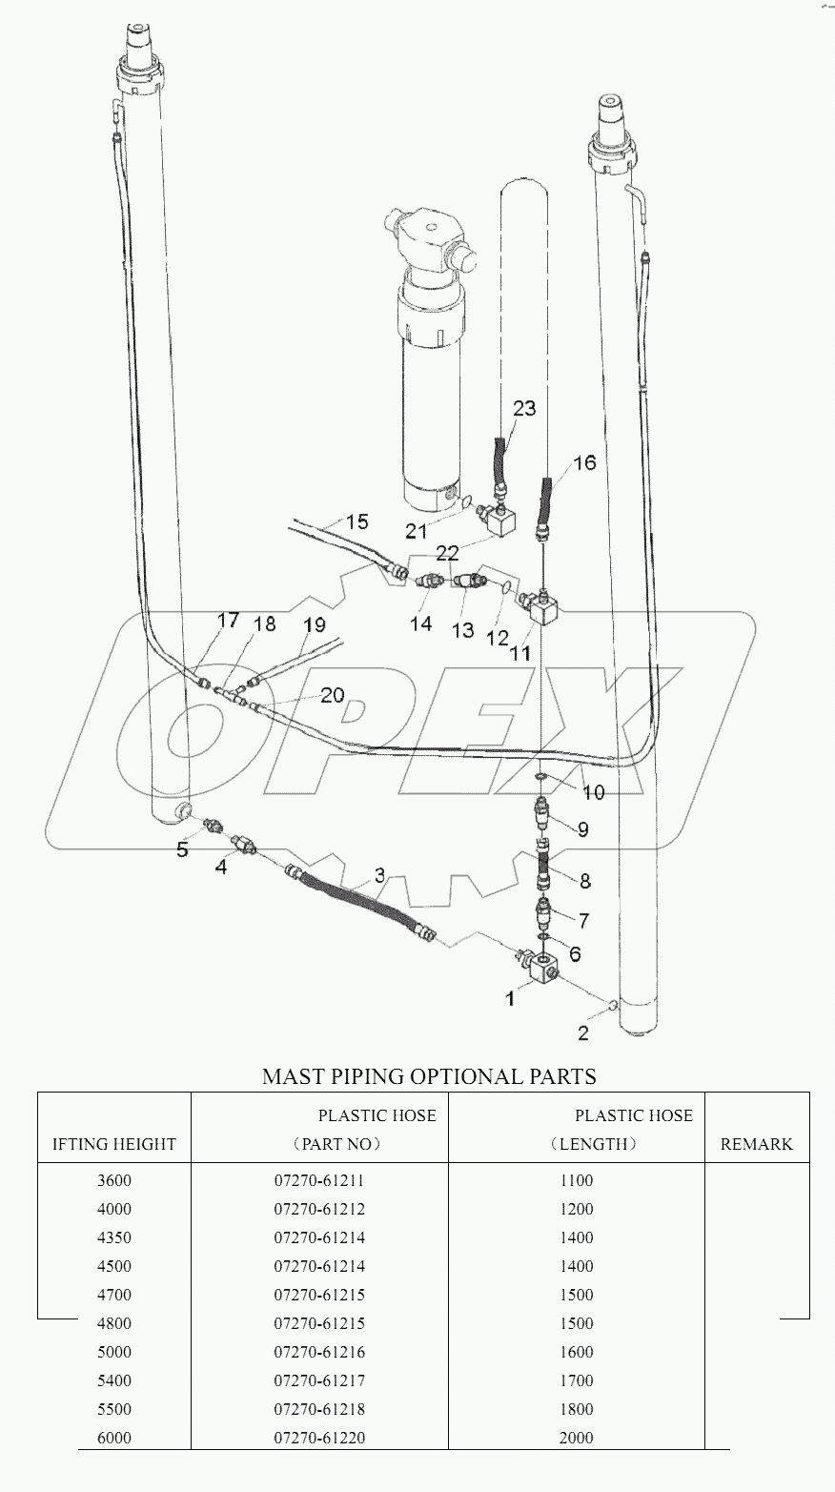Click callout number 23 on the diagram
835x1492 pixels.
tap(524, 409)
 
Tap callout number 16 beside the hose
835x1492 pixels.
tap(584, 462)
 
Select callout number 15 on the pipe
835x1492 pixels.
tap(356, 521)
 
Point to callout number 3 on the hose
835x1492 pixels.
tap(378, 874)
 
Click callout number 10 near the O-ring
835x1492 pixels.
tap(593, 792)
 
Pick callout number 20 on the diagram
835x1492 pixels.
tap(333, 695)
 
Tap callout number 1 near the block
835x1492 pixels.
tap(511, 998)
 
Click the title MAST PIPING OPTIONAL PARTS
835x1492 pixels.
tap(429, 1076)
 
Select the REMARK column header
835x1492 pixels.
tap(756, 1144)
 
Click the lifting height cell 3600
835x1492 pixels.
tap(114, 1180)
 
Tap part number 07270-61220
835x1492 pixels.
tap(319, 1438)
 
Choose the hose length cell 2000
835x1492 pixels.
tap(577, 1438)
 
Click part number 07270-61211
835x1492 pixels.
tap(319, 1180)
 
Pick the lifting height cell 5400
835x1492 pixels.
tap(114, 1380)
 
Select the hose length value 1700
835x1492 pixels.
tap(577, 1380)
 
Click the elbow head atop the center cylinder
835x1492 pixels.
tap(425, 239)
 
